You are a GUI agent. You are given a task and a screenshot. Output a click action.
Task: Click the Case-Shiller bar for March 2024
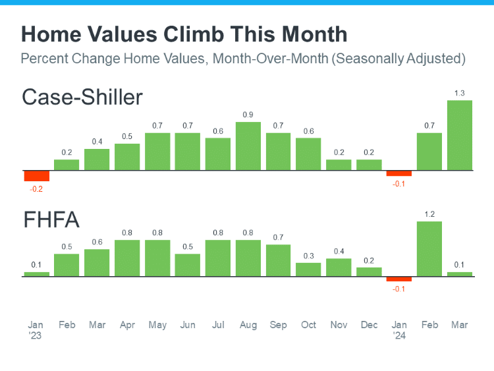click(x=459, y=135)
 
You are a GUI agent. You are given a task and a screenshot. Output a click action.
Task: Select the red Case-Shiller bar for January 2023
click(x=37, y=176)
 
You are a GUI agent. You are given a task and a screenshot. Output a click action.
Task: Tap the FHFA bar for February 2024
click(x=429, y=248)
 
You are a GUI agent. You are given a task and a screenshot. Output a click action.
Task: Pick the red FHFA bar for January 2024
click(x=398, y=279)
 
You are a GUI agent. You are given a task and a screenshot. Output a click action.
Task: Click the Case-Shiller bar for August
click(x=248, y=146)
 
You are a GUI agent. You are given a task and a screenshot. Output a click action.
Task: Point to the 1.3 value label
click(x=459, y=92)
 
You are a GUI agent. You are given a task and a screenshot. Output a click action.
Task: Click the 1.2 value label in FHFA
click(x=429, y=214)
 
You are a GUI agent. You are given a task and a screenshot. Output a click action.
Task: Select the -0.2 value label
click(x=37, y=189)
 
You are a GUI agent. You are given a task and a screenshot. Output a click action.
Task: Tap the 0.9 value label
click(x=248, y=115)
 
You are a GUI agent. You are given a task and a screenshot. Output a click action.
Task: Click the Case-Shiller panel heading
click(x=82, y=97)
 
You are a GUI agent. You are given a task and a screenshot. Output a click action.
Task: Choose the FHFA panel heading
click(x=51, y=220)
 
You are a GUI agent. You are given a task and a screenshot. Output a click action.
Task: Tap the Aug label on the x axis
click(x=248, y=325)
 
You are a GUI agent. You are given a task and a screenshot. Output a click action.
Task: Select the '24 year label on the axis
click(x=398, y=335)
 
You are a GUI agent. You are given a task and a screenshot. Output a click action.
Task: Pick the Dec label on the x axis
click(x=369, y=325)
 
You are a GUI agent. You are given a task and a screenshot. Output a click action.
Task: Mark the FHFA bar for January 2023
click(x=37, y=274)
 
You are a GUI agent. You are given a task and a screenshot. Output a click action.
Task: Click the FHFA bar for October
click(x=308, y=270)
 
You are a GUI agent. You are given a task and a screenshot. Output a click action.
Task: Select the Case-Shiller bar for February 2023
click(x=67, y=165)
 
